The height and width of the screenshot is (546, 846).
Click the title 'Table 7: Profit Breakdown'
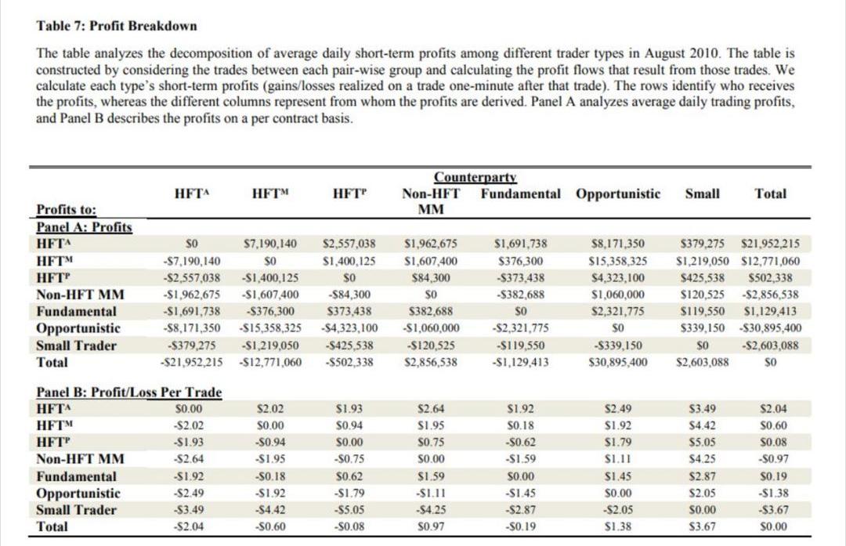point(117,26)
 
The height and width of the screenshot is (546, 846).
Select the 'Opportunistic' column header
point(617,193)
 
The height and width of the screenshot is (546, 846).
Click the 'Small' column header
point(702,193)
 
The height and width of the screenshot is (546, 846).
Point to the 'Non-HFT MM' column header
point(431,201)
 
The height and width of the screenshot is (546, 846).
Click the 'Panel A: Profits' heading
point(85,227)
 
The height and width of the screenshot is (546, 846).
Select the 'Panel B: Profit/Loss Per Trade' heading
point(129,392)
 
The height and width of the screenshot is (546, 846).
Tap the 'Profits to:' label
point(67,210)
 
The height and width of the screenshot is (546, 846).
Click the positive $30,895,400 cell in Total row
point(618,363)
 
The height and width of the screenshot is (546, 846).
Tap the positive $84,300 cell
point(431,277)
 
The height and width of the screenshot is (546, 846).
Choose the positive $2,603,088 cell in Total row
point(702,363)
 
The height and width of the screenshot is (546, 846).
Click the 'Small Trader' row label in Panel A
point(77,345)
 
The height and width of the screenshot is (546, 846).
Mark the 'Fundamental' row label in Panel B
point(77,476)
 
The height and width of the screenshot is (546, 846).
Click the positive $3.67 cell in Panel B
point(702,527)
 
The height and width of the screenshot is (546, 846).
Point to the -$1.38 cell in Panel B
point(775,494)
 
